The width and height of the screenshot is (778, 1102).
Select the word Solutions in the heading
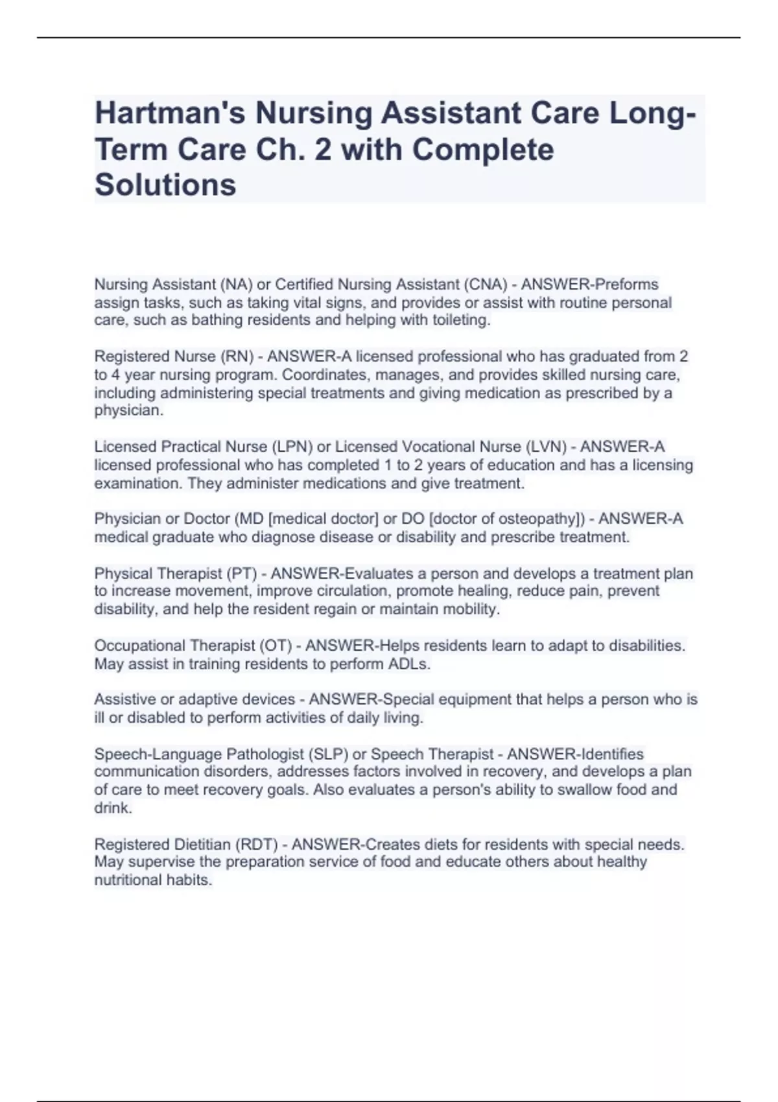pyautogui.click(x=165, y=185)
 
